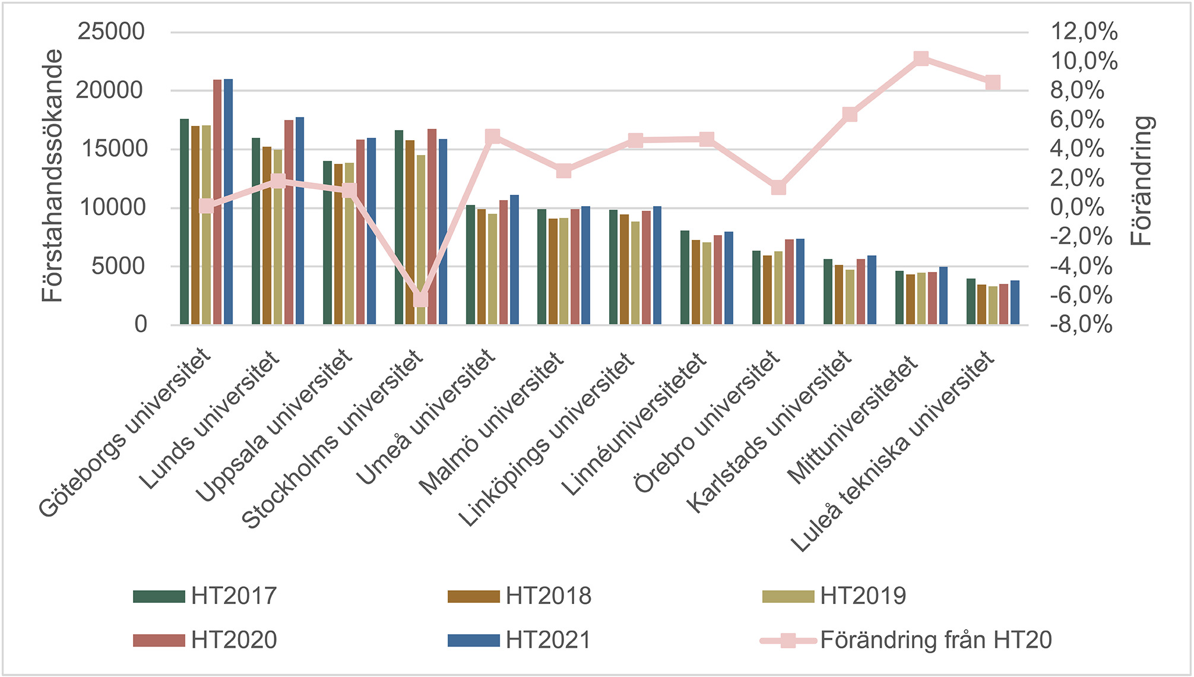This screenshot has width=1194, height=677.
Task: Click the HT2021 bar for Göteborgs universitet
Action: pyautogui.click(x=228, y=202)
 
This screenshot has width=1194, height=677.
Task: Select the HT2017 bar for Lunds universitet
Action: pyautogui.click(x=256, y=232)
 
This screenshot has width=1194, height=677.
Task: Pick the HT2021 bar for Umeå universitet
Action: pyautogui.click(x=514, y=260)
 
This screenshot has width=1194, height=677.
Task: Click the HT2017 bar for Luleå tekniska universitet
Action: pyautogui.click(x=971, y=302)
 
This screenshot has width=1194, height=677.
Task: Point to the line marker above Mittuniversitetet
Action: pyautogui.click(x=921, y=59)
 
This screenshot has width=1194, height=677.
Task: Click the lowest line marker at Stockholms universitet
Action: pyautogui.click(x=420, y=299)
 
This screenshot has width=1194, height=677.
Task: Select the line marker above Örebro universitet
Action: pyautogui.click(x=778, y=188)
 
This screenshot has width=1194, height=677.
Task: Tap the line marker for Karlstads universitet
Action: pyautogui.click(x=850, y=115)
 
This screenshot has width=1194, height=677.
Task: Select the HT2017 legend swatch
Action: pyautogui.click(x=159, y=596)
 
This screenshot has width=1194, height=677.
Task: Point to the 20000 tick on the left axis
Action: pyautogui.click(x=110, y=91)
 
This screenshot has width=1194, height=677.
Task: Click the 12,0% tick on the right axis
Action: pyautogui.click(x=1084, y=31)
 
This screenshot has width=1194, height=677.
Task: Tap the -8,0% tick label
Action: pyautogui.click(x=1081, y=325)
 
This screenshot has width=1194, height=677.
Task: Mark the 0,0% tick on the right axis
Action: pyautogui.click(x=1077, y=207)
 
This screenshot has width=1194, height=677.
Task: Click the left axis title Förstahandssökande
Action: pyautogui.click(x=53, y=176)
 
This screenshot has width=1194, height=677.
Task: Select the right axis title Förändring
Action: pyautogui.click(x=1141, y=181)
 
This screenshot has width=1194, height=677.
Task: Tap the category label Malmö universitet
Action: pyautogui.click(x=492, y=423)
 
